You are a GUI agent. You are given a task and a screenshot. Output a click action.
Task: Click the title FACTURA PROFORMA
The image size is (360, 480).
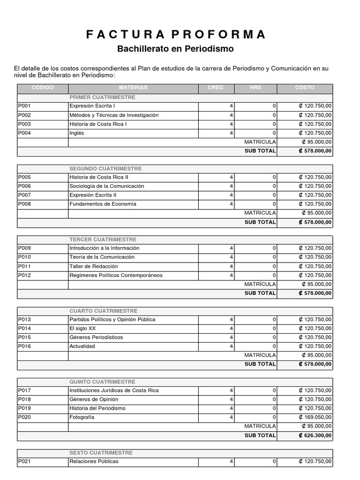pos(176,34)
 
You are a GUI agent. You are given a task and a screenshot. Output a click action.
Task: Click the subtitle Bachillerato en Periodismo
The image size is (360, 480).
pos(175,49)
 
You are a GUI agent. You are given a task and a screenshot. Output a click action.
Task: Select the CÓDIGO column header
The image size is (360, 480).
pos(43,88)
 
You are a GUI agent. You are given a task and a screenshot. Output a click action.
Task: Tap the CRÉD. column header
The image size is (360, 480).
pos(216,88)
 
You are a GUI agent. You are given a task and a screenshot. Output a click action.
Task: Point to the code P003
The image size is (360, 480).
pos(24,124)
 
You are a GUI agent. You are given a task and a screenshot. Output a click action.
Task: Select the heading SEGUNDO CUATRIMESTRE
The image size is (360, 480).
pos(105,168)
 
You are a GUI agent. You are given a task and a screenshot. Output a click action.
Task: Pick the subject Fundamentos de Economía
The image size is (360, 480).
pos(103,204)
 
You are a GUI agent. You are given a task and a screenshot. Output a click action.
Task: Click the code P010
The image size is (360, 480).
pos(24,257)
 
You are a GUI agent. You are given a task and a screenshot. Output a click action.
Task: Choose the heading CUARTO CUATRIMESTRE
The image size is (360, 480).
pos(104,311)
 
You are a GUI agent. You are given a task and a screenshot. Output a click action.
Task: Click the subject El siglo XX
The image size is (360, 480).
pos(82,329)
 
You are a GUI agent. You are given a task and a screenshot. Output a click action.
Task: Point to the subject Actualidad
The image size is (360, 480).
pos(82,346)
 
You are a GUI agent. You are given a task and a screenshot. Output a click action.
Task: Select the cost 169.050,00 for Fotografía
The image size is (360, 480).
pos(315,417)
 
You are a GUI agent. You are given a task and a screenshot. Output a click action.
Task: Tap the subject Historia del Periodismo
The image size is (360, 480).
pos(97,408)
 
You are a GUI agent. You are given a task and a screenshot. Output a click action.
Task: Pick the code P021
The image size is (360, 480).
pos(24,462)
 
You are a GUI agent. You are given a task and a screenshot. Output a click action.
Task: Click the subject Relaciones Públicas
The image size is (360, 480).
pos(94,462)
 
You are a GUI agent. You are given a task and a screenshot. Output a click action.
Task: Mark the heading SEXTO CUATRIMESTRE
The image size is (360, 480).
pos(101,453)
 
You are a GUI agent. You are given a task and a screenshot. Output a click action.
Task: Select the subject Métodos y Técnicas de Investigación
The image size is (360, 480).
pos(114,115)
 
